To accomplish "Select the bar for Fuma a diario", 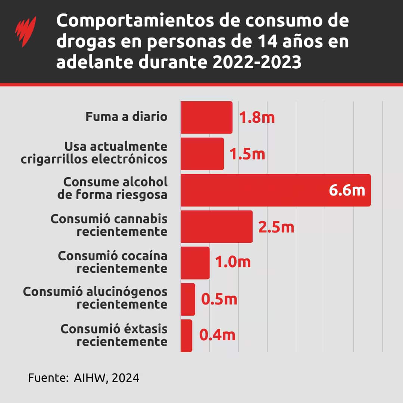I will coord(206,117).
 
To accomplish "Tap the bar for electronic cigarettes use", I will coord(202,154).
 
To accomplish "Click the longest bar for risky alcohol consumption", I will coord(261,190).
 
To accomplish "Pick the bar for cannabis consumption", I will coord(216,227).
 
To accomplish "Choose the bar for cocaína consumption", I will coord(195,263).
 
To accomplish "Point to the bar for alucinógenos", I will coord(188,299).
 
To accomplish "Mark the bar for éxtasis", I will coord(186,335).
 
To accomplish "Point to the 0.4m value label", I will coord(217,335).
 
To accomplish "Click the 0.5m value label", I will coord(219,299).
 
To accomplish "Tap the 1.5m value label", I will coord(247,154).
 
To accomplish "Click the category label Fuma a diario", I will coord(126,116).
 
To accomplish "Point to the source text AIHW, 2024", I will coord(106,378).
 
